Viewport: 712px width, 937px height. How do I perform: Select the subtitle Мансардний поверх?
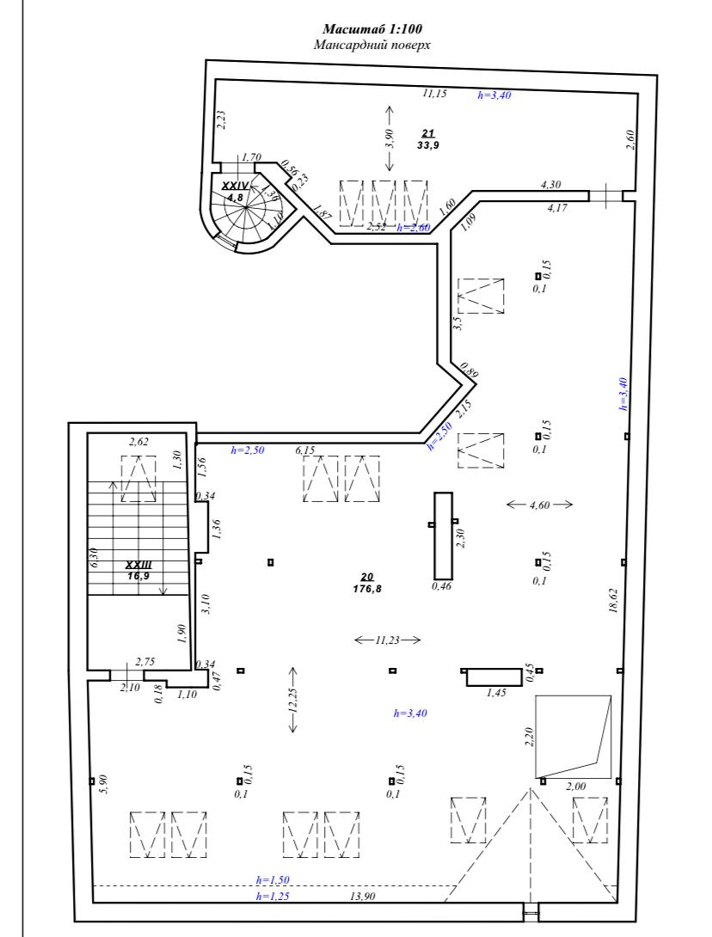(371, 45)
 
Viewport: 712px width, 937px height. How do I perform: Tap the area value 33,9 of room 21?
(428, 144)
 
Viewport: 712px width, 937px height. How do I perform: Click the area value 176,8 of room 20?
(367, 589)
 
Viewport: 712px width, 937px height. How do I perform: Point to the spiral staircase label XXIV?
(235, 186)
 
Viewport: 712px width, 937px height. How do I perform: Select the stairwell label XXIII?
(138, 565)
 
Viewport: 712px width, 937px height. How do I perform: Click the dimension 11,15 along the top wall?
(434, 93)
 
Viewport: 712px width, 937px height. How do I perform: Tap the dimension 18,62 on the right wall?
(612, 601)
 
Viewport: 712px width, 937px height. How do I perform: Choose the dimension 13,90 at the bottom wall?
(363, 897)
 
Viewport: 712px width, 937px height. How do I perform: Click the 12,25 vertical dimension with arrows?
(293, 700)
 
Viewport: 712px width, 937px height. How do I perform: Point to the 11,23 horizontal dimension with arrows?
(387, 640)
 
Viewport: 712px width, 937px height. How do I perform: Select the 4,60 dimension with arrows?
(539, 505)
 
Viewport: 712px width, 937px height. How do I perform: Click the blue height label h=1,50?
(273, 880)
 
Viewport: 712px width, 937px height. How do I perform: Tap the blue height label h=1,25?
(273, 897)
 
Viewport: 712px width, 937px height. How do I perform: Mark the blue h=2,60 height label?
(414, 228)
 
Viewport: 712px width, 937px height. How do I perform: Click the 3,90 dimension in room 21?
(390, 138)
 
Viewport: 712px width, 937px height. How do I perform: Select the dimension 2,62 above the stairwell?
(138, 442)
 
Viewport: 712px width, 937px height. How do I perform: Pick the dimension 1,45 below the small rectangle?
(496, 693)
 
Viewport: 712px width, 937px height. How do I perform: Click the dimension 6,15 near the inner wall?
(305, 450)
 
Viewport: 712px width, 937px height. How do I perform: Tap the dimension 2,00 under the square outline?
(575, 787)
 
